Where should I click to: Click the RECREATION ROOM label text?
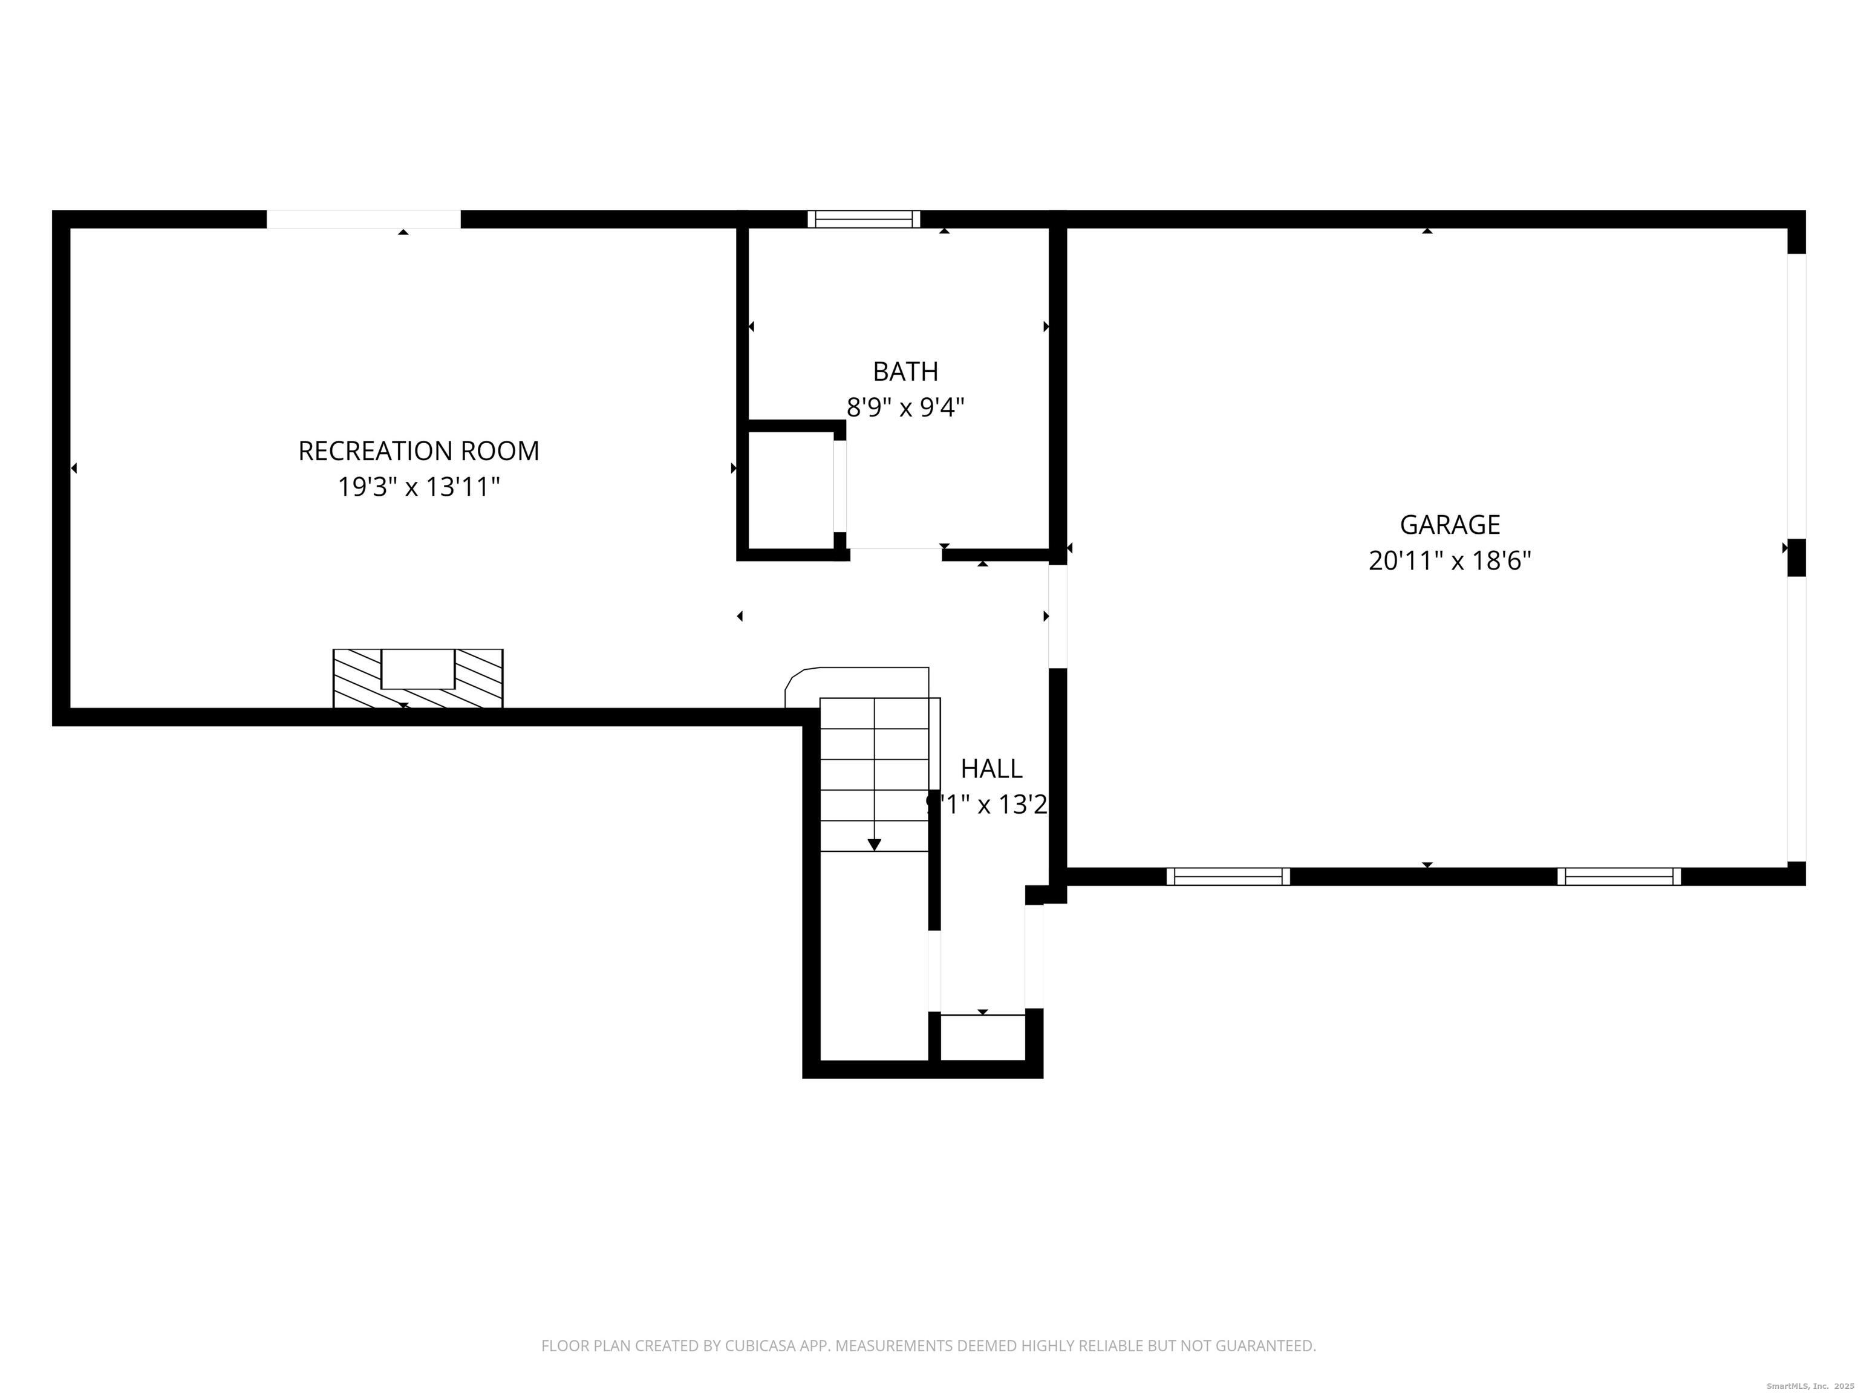tap(419, 451)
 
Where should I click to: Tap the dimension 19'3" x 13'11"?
tap(419, 487)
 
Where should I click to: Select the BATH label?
tap(905, 371)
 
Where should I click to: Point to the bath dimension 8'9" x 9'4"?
tap(905, 408)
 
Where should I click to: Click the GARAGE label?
tap(1449, 525)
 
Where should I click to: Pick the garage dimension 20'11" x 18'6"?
tap(1449, 561)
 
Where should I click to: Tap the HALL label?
tap(991, 768)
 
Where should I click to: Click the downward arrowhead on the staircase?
tap(873, 845)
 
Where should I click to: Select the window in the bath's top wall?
tap(864, 219)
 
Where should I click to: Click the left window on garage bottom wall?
tap(1228, 877)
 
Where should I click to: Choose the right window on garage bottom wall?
tap(1618, 877)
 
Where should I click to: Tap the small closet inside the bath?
tap(789, 490)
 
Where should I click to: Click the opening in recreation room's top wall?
tap(363, 219)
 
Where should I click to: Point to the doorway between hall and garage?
tap(1057, 616)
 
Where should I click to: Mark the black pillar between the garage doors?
tap(1796, 557)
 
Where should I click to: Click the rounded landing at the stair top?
tap(857, 683)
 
